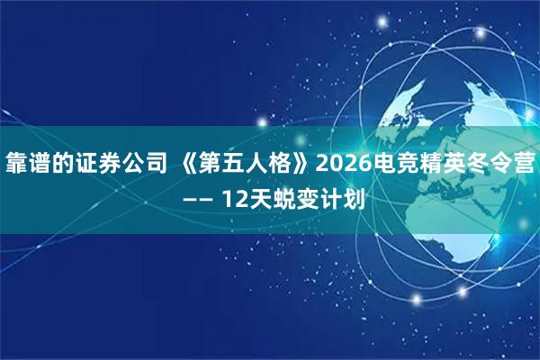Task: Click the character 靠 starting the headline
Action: pos(16,164)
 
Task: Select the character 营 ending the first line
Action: pos(527,164)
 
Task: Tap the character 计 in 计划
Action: pos(332,198)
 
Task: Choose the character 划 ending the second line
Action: pos(354,198)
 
